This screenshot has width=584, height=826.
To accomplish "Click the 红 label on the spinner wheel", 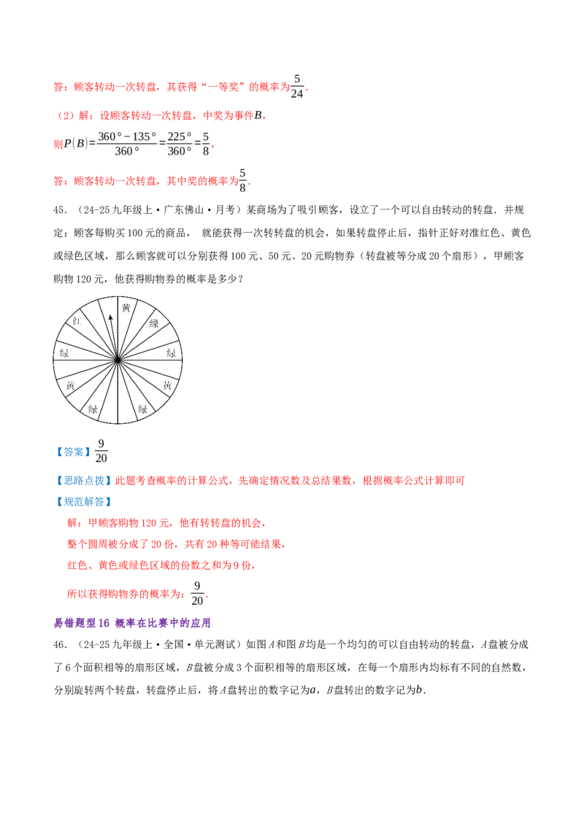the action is [77, 320].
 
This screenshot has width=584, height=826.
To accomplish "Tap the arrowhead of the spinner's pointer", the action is [110, 318].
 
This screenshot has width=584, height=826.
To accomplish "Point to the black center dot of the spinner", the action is [118, 360].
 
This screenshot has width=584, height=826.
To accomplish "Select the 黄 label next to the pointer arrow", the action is [126, 308].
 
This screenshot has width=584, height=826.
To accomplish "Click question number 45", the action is [60, 210].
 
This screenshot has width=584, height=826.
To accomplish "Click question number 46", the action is [60, 644].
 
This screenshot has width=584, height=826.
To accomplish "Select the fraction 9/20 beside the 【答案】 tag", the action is [101, 451].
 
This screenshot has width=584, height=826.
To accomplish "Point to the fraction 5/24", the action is [296, 86].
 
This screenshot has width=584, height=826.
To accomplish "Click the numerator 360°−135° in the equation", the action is [127, 136].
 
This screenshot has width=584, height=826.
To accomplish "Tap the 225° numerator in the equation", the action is [179, 136].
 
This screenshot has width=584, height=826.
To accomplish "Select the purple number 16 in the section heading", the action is [104, 622].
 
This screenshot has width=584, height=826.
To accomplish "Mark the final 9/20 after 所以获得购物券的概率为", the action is [197, 594].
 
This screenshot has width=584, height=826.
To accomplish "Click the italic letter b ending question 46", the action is [419, 690].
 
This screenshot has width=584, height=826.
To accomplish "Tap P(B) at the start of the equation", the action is [76, 143].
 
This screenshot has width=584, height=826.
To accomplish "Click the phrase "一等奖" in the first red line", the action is [223, 87].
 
